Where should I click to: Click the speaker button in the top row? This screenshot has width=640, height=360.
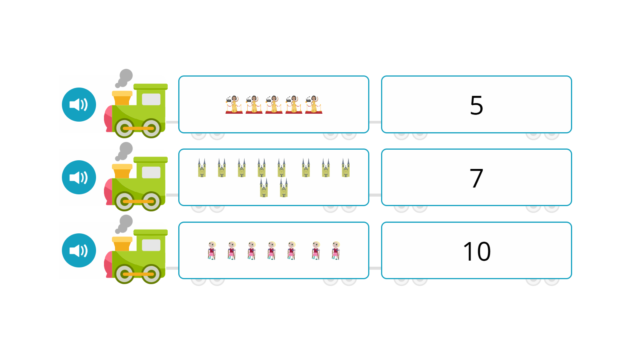coord(79,105)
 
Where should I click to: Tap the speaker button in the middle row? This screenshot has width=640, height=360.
coord(79,177)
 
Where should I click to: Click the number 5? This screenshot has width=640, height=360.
coord(476,105)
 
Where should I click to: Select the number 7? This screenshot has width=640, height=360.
coord(476,178)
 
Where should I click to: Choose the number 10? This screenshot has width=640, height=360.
coord(477,251)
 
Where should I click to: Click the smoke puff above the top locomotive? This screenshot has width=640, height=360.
coord(124,78)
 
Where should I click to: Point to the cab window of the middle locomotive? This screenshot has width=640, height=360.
coord(151,172)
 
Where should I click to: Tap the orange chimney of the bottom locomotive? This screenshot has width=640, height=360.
coord(122,244)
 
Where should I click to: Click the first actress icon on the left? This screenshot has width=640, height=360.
coord(234,104)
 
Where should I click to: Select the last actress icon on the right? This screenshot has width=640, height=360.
coord(314,104)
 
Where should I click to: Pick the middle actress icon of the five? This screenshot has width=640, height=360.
coord(274,104)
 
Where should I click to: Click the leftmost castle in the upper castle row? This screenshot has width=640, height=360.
coord(202,168)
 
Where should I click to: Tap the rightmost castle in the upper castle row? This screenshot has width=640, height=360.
coord(346,168)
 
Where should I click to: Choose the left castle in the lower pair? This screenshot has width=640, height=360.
coord(264,187)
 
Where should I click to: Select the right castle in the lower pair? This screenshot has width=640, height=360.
coord(284,187)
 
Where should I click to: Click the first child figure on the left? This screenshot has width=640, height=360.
coord(212,251)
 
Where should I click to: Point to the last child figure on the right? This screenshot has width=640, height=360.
coord(336,251)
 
